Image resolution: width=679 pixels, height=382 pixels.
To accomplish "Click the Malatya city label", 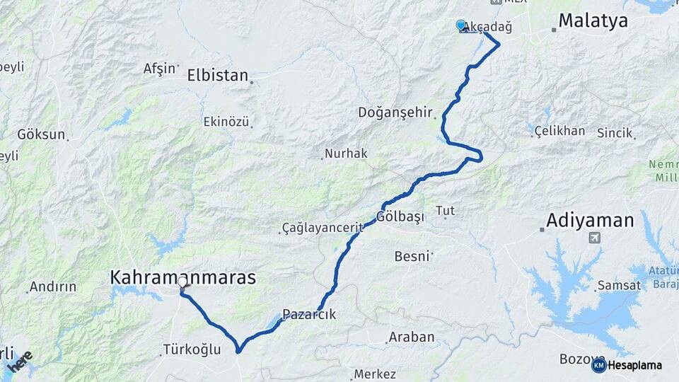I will pos(593,21).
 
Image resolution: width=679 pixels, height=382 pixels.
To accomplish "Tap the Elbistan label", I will pos(218,75).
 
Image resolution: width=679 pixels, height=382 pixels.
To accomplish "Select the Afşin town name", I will pos(159,69).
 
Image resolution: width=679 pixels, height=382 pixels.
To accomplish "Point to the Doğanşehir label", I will pos(394,112).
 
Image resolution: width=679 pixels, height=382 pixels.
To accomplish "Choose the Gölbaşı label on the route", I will pos(400,216).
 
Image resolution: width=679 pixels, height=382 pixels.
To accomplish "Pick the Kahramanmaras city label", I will pos(182,277).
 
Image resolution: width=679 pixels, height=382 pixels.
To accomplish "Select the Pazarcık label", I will pos(309,314).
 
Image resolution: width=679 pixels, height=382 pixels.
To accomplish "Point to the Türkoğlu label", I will pos(192,349).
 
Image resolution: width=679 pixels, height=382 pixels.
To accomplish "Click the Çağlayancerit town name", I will pos(322,228).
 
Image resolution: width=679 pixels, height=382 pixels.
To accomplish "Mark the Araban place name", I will pos(412,337).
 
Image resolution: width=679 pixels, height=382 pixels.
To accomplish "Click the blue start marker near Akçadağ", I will pos(461,25).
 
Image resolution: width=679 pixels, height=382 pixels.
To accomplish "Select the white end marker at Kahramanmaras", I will pos(182,282).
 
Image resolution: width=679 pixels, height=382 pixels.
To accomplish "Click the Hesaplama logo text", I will pos(634,365).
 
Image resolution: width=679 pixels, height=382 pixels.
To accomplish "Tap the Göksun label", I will pos(41,134).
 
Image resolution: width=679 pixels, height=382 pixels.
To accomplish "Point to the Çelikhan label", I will pos(559,131).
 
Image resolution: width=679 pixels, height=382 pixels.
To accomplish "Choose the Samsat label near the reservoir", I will pos(619,285).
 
